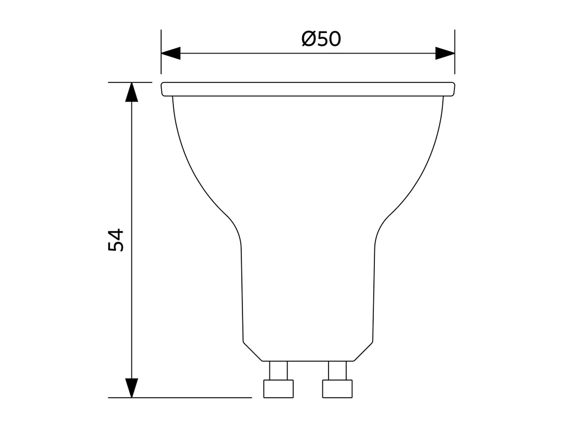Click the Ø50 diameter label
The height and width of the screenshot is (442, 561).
click(x=321, y=39)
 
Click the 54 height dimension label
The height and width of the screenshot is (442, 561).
click(x=116, y=240)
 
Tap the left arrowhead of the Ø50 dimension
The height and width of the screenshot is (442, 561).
click(x=171, y=54)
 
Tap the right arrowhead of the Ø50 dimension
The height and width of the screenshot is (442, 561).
click(x=445, y=54)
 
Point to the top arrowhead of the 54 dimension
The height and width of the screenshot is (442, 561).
click(x=131, y=92)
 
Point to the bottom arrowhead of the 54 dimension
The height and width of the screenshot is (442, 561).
click(x=131, y=388)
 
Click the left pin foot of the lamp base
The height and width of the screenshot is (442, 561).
click(x=278, y=388)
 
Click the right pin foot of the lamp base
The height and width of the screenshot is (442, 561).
click(x=337, y=388)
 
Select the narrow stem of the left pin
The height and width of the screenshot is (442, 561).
click(x=278, y=370)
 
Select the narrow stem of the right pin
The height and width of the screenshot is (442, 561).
click(x=337, y=370)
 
